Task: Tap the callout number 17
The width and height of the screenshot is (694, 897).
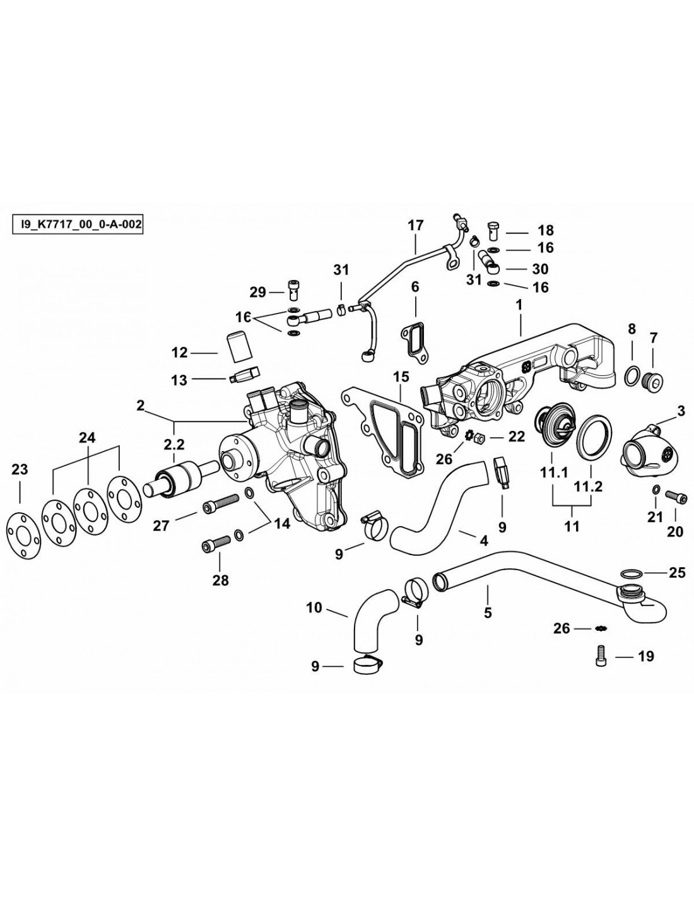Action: pos(415,225)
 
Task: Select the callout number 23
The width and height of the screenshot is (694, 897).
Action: pos(20,469)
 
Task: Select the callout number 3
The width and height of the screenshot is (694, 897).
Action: pos(681,411)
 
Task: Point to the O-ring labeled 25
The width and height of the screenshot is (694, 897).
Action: pos(632,573)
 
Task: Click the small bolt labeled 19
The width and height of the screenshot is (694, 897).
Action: pos(600,656)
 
